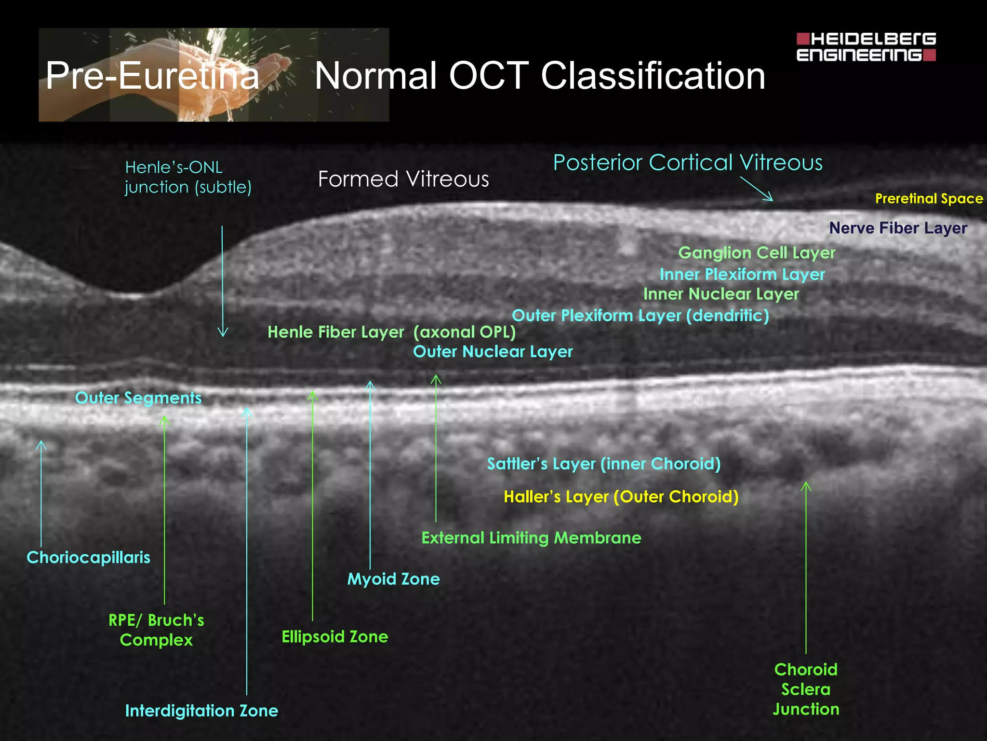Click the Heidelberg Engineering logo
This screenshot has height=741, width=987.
coord(866,47)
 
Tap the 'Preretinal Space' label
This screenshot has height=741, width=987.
coord(929,198)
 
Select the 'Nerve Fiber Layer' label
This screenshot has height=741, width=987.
coord(898,228)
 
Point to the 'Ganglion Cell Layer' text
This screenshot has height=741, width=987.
coord(757,252)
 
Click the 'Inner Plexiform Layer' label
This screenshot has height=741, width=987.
coord(742,274)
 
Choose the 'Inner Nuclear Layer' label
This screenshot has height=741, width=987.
coord(721,294)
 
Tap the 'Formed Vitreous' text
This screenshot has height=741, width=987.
coord(403,179)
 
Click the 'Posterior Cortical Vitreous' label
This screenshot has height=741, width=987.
coord(688,163)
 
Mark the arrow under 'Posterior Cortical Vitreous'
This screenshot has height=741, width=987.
coord(757,189)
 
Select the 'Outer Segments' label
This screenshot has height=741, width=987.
coord(138,398)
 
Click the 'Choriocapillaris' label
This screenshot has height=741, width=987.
coord(88,557)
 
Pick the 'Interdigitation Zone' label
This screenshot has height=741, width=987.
coord(201,711)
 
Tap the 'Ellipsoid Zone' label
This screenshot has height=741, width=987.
coord(335,636)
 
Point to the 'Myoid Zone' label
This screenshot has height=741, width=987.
coord(393,579)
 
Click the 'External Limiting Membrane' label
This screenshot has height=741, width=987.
coord(531,537)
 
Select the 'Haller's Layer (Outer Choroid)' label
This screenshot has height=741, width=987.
coord(621,496)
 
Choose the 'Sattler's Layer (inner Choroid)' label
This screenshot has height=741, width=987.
coord(604,464)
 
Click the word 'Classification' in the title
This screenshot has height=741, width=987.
coord(653,76)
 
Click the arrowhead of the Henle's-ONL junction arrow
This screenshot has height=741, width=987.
coord(222,333)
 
